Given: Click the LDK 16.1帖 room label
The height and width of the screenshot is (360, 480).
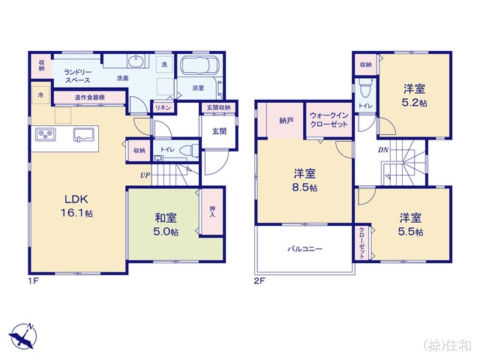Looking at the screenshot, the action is [x=76, y=205].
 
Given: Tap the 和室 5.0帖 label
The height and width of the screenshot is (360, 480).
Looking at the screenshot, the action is [x=166, y=225].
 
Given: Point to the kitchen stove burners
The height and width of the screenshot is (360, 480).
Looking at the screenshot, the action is [x=46, y=135].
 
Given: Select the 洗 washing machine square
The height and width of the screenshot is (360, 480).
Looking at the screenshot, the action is [x=165, y=64].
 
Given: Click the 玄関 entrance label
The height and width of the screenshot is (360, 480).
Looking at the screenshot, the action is [x=219, y=131].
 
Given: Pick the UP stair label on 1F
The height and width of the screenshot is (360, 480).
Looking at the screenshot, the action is [x=145, y=175].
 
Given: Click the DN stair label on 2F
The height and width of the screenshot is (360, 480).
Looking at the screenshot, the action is [x=383, y=150].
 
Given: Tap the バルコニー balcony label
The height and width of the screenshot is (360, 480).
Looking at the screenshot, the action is [x=304, y=249].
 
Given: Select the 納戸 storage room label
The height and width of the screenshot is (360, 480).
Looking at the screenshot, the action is [x=286, y=121].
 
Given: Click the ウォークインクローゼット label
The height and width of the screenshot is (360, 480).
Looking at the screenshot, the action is [x=329, y=120].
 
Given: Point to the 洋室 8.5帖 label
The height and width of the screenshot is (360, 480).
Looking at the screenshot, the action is [x=304, y=180].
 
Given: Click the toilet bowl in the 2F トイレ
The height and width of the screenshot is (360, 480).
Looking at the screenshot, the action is [x=365, y=88].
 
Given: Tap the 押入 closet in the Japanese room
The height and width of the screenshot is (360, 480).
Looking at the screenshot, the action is [x=212, y=211].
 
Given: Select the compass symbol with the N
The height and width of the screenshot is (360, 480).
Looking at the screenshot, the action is [x=22, y=336].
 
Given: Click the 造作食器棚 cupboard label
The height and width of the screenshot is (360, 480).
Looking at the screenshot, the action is [x=90, y=97].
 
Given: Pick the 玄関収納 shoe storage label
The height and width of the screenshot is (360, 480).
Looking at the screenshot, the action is [x=218, y=108].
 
